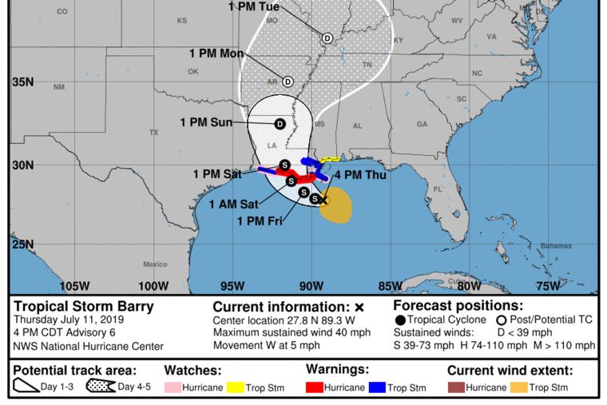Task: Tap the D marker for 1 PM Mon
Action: click(288, 81)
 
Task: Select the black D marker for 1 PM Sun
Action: click(280, 124)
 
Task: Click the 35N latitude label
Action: click(22, 81)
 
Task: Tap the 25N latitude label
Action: click(22, 244)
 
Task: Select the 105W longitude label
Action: click(74, 286)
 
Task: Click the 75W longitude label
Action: click(548, 286)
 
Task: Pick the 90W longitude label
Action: click(311, 286)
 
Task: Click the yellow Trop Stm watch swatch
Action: click(236, 388)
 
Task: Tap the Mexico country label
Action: click(155, 264)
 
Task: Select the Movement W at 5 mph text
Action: click(267, 346)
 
